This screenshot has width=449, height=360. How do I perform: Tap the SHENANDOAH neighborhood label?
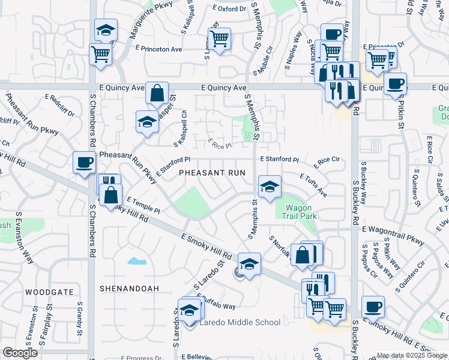click(x=128, y=288)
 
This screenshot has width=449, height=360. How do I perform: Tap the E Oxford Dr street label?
click(x=230, y=9)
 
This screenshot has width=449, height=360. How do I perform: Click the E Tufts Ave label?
click(x=313, y=185)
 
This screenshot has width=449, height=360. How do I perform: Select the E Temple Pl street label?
click(x=143, y=207)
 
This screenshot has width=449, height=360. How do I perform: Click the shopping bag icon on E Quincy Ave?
click(x=157, y=93)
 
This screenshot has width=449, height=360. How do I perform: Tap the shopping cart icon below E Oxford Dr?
click(x=220, y=38)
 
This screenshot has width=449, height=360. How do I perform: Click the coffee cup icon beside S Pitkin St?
click(x=395, y=83)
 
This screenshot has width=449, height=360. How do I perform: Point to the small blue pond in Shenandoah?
click(x=136, y=261)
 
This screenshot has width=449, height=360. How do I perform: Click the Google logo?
click(x=20, y=353)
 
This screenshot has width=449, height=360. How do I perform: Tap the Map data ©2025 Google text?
click(x=411, y=355)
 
